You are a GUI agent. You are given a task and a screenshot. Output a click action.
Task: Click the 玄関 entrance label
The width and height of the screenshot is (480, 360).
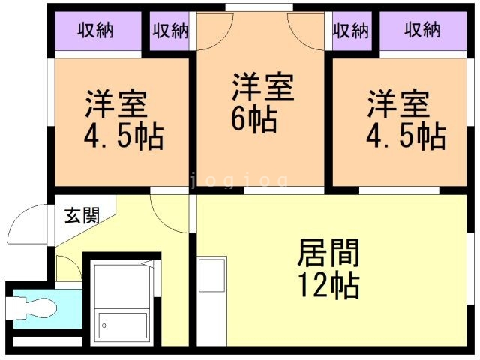[x=81, y=215]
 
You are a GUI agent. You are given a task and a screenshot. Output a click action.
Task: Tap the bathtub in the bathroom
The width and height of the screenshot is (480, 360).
[x=124, y=325]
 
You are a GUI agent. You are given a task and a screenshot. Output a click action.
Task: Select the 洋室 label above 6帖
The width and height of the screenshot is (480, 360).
[x=262, y=87]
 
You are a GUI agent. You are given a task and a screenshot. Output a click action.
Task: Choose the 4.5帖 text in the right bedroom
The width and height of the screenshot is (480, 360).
[x=406, y=136]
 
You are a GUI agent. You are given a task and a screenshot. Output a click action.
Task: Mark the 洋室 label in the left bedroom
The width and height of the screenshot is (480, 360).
[x=116, y=103]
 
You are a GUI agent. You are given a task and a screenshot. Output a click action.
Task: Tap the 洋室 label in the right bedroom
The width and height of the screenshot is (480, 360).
[x=398, y=103]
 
